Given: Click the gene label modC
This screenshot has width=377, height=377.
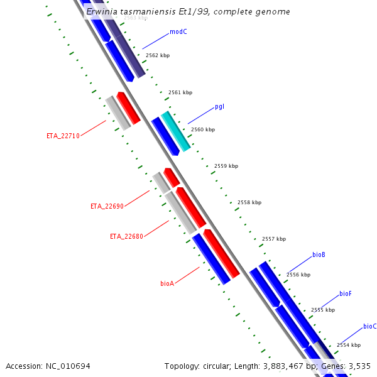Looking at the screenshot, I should [x=178, y=31].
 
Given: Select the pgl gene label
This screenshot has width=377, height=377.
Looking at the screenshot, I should [x=219, y=106].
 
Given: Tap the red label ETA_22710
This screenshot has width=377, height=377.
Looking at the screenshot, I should [x=63, y=136].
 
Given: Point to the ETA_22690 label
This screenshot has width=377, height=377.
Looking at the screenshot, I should [x=107, y=206].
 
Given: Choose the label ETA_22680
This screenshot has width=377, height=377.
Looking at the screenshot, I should [x=126, y=236].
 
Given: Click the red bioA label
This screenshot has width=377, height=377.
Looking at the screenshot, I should [x=167, y=283].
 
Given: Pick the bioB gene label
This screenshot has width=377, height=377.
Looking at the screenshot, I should [x=319, y=255].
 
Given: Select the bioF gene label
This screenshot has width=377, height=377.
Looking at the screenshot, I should [x=346, y=293].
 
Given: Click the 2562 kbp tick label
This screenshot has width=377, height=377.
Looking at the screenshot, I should [x=158, y=56].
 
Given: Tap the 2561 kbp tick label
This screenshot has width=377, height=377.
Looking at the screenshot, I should [x=180, y=92].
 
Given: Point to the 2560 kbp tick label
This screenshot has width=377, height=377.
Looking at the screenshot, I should [x=203, y=129].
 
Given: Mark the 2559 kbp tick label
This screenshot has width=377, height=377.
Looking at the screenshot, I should [x=226, y=166].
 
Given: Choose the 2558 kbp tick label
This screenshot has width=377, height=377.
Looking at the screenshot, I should [x=249, y=202].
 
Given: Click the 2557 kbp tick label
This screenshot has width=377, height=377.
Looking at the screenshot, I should [x=274, y=239].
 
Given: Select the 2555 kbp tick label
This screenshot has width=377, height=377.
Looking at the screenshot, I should [x=323, y=310].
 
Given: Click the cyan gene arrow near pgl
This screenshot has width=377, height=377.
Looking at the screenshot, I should [x=176, y=131].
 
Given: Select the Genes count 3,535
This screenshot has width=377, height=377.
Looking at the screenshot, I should [x=360, y=366].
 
